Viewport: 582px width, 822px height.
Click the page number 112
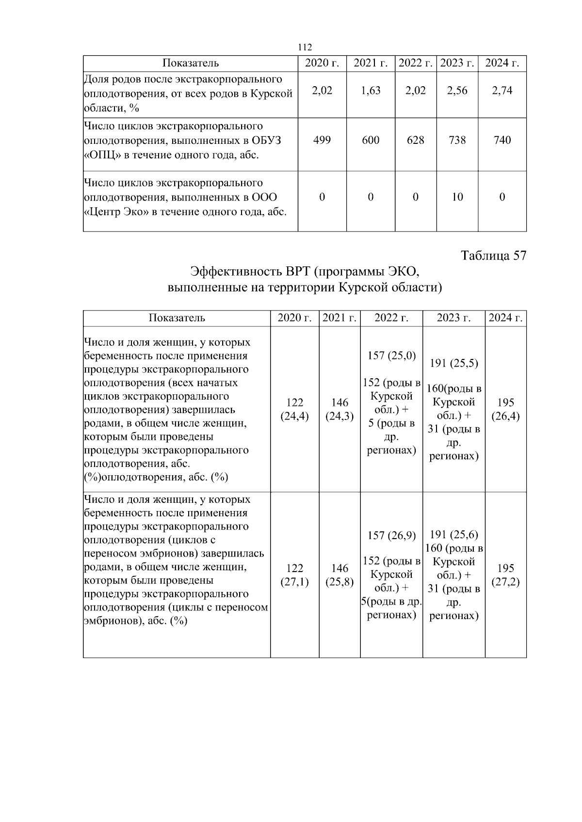(x=305, y=47)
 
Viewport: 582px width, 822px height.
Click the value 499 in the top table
(x=322, y=140)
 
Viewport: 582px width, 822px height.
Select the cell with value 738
(x=457, y=140)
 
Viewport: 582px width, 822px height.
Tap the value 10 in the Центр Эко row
(x=457, y=197)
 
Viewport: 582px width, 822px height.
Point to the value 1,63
(x=371, y=91)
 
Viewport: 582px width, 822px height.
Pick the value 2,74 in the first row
(x=502, y=91)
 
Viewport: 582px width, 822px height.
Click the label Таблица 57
(x=493, y=256)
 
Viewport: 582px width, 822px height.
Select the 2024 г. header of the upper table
(x=502, y=63)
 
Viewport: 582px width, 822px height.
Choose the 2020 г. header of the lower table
(x=294, y=318)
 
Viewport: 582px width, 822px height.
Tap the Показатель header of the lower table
(x=177, y=318)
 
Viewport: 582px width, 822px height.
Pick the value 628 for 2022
(x=415, y=140)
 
